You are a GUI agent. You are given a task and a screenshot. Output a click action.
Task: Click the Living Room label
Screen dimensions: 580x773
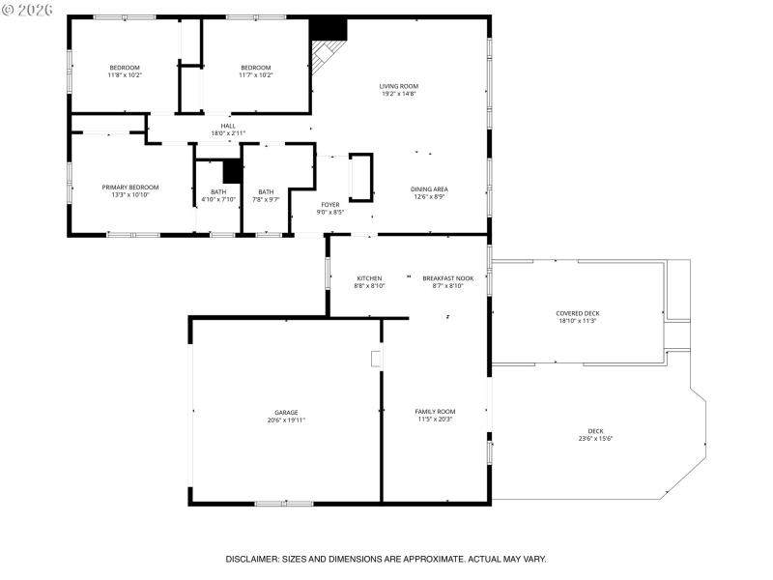coord(398,86)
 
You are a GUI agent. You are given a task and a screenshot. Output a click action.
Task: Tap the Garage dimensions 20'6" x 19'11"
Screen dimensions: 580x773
coord(286,420)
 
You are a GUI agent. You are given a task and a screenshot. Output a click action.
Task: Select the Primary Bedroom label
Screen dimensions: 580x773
coord(130,187)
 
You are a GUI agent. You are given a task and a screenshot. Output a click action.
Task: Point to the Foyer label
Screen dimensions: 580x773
coord(330,204)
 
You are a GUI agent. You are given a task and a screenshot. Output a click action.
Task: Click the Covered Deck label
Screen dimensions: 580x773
coord(577,313)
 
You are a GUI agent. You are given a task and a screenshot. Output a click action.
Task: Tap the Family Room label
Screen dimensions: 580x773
coord(435,412)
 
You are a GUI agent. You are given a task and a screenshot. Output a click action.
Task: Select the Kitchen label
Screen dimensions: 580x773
coord(369,278)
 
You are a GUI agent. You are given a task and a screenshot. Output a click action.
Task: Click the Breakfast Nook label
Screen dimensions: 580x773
coord(443,278)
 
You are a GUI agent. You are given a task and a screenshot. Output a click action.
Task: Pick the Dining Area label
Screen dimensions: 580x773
coord(429,188)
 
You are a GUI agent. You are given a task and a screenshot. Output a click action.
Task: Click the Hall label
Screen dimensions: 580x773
coord(228,125)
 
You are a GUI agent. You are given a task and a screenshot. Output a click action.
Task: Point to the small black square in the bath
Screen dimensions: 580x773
coord(232,171)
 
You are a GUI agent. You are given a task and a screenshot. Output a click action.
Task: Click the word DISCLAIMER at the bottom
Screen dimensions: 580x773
coord(252,559)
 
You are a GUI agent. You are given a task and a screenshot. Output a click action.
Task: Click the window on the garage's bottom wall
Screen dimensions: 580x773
coord(283,503)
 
